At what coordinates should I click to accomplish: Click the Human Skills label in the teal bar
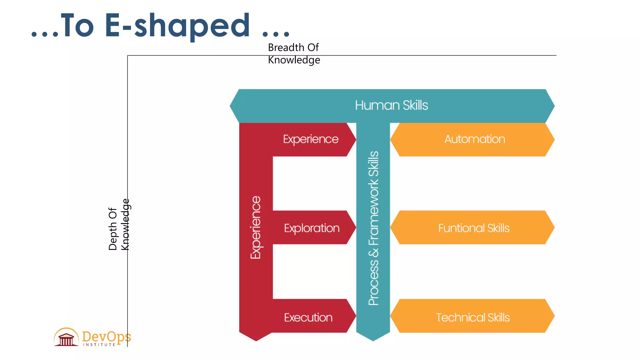coord(391,105)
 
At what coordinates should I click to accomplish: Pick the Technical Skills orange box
coord(472,317)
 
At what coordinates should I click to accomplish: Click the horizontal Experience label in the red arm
coord(311,139)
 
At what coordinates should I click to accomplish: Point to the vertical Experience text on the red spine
coord(256,227)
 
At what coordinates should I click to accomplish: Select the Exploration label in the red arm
coord(312,228)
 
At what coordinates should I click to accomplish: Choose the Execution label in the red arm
coord(308,317)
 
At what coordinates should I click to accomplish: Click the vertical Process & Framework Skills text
coord(373,228)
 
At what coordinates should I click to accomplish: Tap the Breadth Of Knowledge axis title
coord(294,54)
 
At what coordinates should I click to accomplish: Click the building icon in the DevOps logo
coord(66,337)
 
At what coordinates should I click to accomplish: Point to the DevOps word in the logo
coord(106,337)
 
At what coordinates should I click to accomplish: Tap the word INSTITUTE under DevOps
coord(99,345)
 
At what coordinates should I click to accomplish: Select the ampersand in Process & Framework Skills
coord(373,252)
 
